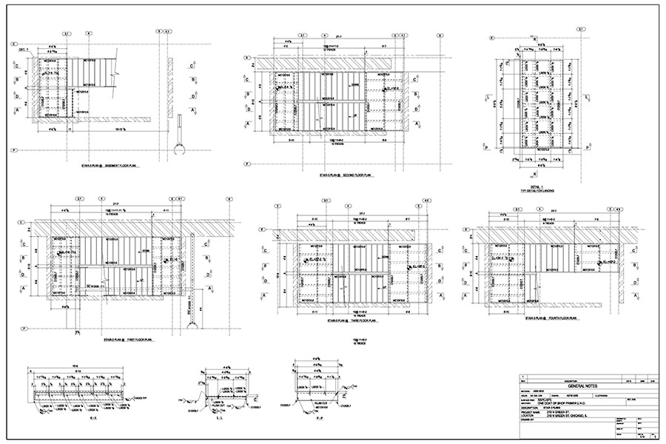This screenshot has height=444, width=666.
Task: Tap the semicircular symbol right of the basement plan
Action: pos(178,151)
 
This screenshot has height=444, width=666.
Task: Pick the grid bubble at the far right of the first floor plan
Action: pos(229,199)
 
